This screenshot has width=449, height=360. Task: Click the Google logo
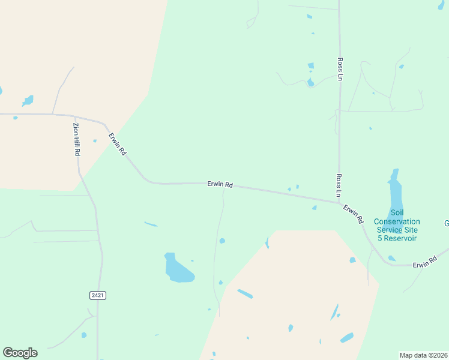[x=20, y=353]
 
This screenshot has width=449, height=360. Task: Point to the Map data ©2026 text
[x=423, y=355]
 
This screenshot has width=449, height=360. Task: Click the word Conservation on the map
[x=397, y=221]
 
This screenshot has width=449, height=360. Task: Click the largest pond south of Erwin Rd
[x=178, y=269]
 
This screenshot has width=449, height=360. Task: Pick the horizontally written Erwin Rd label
[x=220, y=185]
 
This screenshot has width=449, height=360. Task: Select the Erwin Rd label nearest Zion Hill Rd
[x=117, y=145]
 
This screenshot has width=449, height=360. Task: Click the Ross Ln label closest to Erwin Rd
[x=339, y=186]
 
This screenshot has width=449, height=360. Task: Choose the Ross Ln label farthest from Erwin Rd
[x=340, y=69]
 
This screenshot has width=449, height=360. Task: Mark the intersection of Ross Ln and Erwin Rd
[x=339, y=202]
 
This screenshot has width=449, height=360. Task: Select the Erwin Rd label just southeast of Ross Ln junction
[x=354, y=214]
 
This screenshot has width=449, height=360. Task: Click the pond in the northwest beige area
[x=28, y=100]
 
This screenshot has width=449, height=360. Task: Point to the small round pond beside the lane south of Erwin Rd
[x=222, y=241]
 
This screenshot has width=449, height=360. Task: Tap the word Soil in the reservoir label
[x=397, y=212]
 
